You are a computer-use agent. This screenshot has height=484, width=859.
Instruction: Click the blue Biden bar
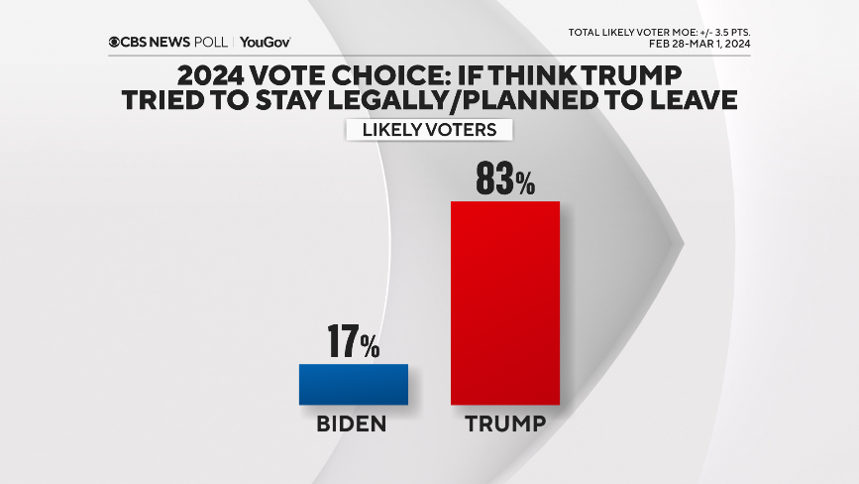pos(354,384)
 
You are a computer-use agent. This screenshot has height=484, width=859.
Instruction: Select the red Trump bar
pos(505,302)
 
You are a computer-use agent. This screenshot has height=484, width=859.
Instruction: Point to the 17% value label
pos(354,343)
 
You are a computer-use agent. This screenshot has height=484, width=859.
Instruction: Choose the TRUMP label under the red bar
pos(505,424)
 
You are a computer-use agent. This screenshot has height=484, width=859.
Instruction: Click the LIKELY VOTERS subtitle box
pos(428,130)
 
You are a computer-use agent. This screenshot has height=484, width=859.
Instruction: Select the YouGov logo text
pos(265,42)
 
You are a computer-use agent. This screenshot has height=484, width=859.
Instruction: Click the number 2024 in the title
pos(211,75)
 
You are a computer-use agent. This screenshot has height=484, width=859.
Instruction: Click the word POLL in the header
pos(211,42)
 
